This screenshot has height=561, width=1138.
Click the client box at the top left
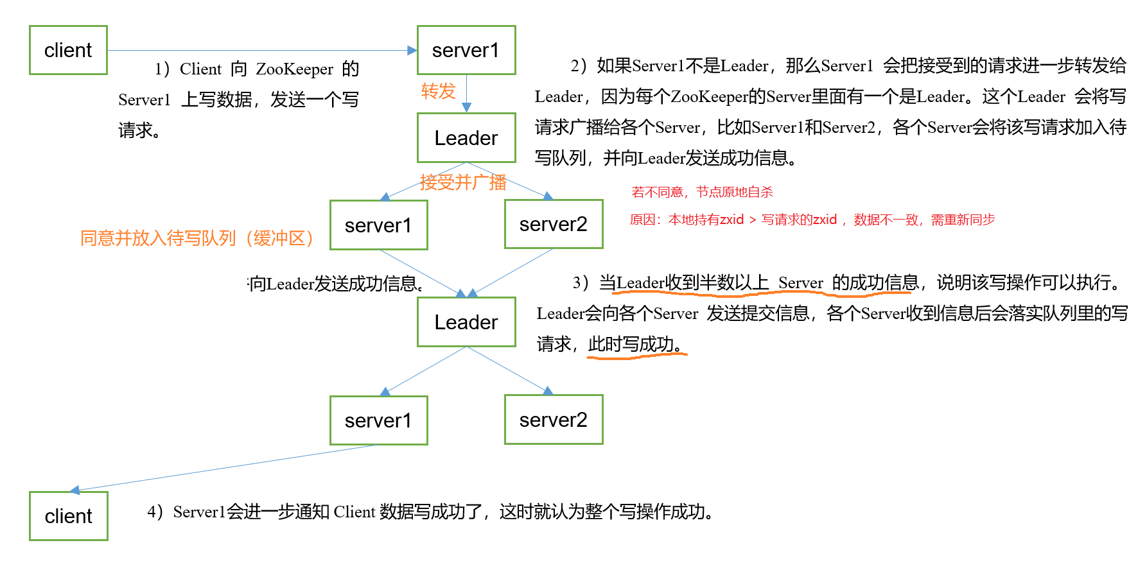[x=68, y=50]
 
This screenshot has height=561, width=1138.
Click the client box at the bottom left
[x=68, y=516]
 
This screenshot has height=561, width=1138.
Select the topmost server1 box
[x=466, y=50]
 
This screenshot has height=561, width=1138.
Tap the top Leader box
[x=466, y=138]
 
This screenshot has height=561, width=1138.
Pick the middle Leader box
[x=466, y=322]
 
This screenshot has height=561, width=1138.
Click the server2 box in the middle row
[x=554, y=224]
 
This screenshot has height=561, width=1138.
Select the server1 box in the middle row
[x=378, y=225]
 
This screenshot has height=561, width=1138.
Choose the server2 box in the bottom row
[x=554, y=420]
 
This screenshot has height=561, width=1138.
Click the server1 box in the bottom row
[x=378, y=420]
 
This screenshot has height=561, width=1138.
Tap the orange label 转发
[x=438, y=91]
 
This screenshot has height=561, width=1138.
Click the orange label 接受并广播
[x=463, y=183]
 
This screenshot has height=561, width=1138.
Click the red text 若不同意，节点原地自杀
[x=702, y=192]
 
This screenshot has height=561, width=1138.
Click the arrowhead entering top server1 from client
[x=412, y=50]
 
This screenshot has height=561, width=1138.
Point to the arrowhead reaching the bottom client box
[x=74, y=490]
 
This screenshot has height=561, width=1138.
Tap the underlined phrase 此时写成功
[x=635, y=345]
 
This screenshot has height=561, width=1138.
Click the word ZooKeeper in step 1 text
[x=294, y=69]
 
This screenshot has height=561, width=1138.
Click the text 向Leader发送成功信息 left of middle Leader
[x=337, y=284]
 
